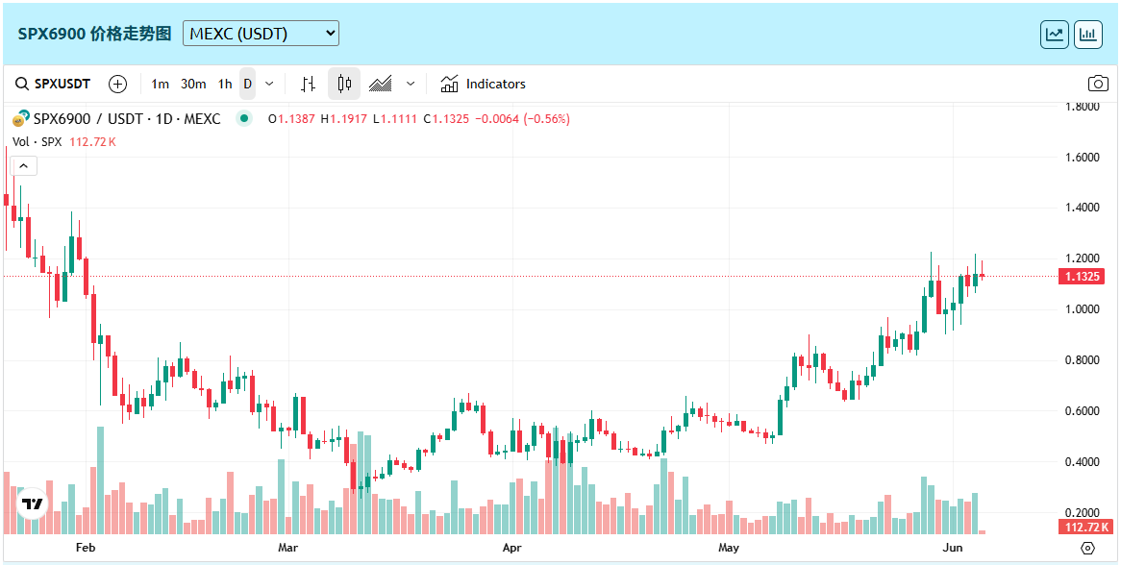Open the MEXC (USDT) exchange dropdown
(261, 34)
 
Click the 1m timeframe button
(160, 84)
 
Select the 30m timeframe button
(193, 84)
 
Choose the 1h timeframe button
(224, 84)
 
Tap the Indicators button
(484, 84)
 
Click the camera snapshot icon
(1097, 84)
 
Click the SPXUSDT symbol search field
(54, 84)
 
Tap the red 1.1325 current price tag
(1085, 277)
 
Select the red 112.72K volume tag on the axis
(1085, 527)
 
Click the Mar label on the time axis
(287, 548)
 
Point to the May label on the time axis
(729, 548)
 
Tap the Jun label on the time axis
(953, 548)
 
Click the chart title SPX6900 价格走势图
(94, 34)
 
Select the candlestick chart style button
(344, 84)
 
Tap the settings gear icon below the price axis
(1087, 548)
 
